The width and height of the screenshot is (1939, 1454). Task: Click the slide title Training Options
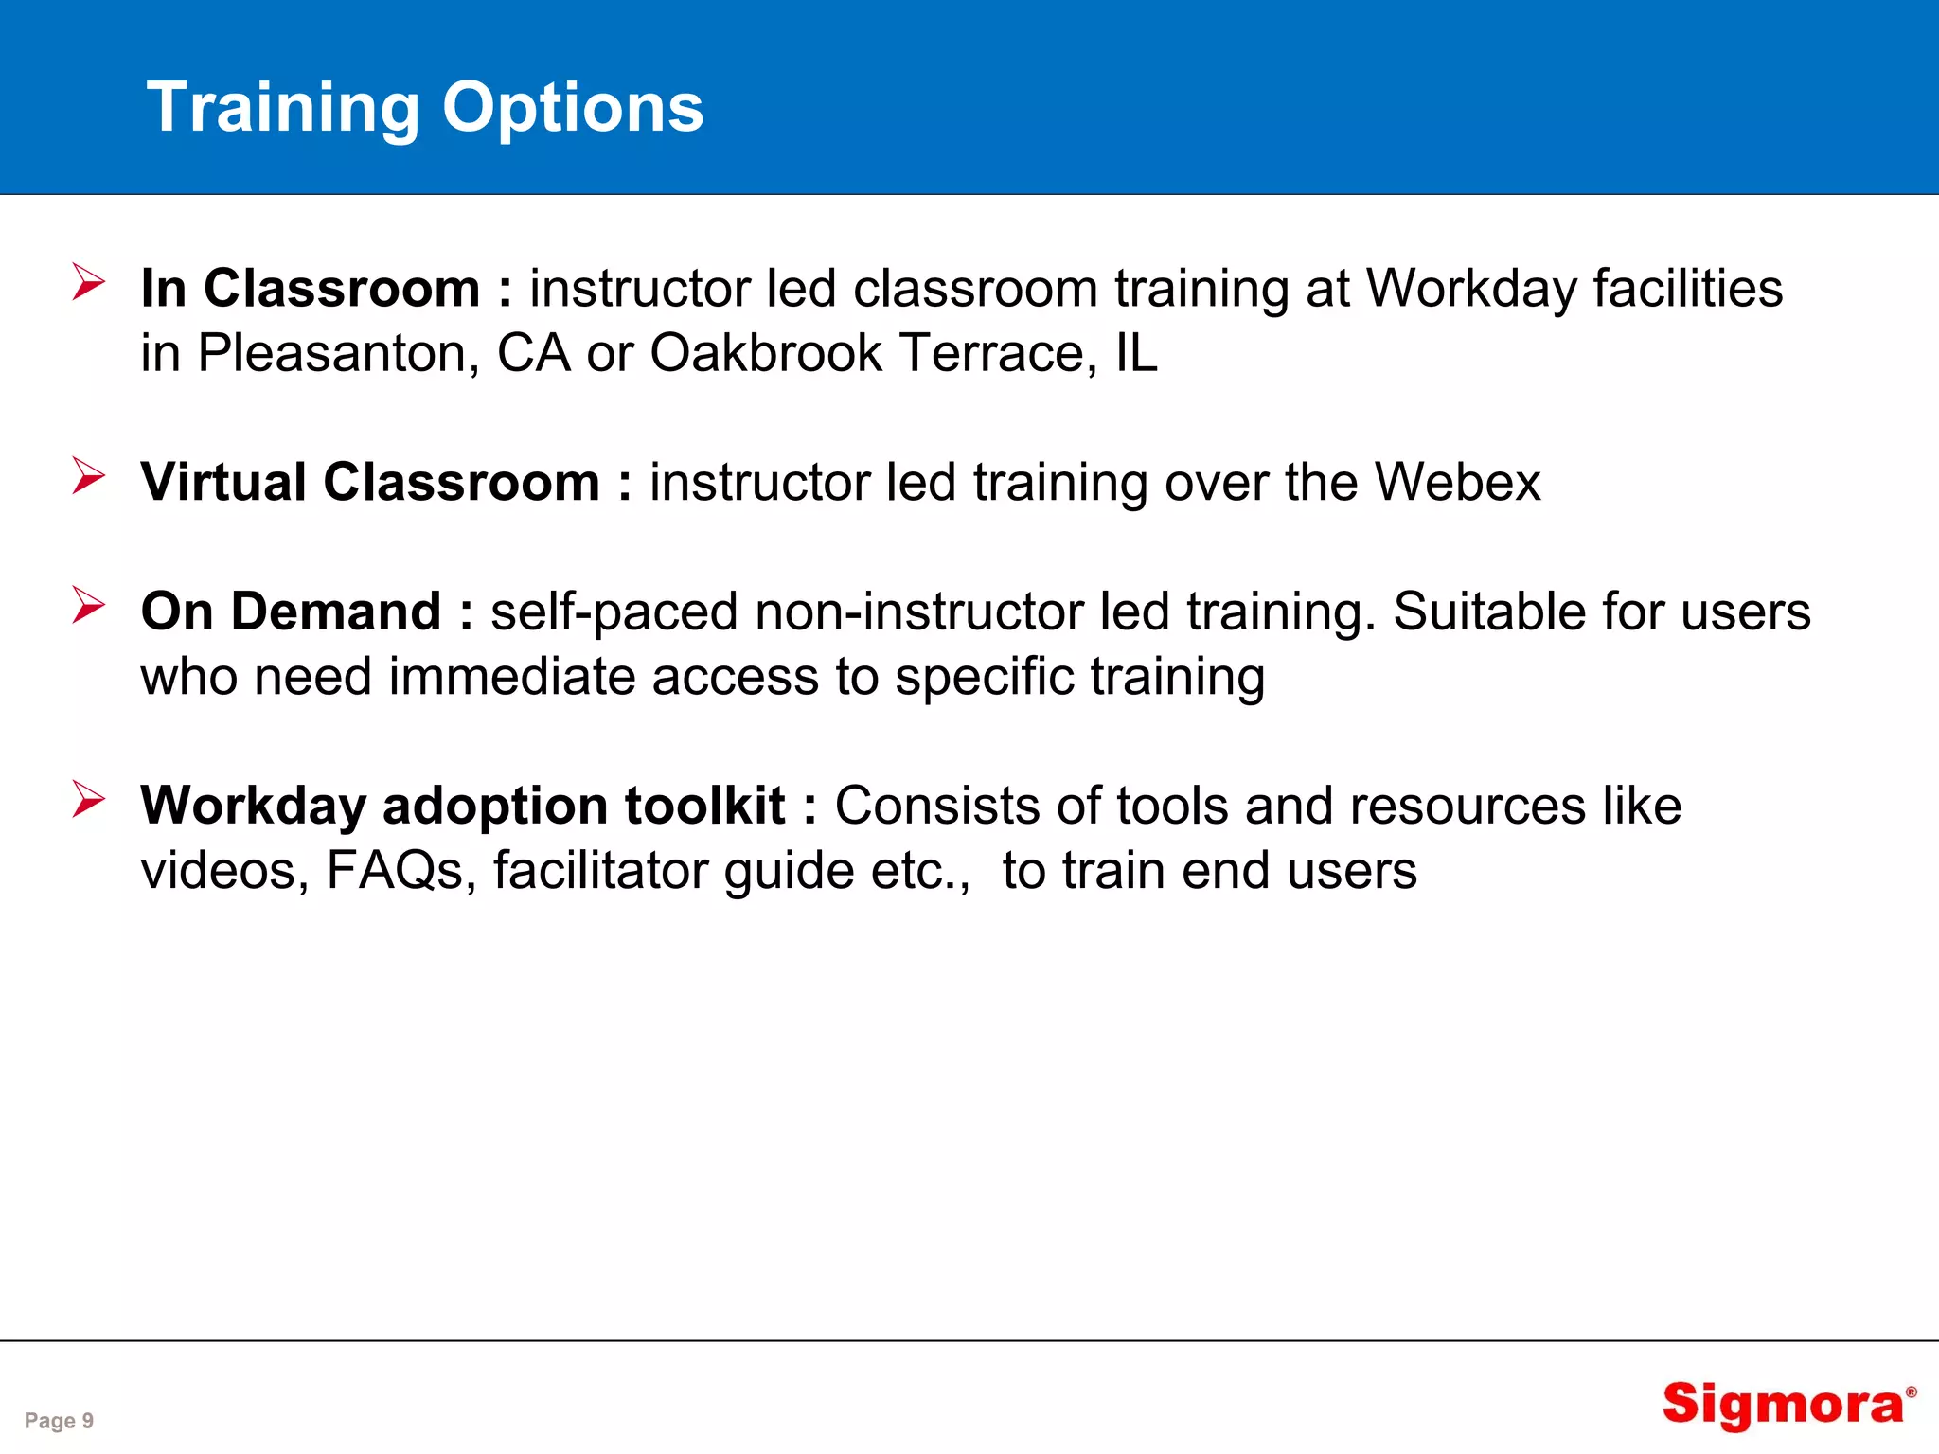(x=425, y=107)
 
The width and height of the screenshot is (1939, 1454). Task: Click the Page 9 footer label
(x=59, y=1421)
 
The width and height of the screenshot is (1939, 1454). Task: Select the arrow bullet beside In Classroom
(x=88, y=283)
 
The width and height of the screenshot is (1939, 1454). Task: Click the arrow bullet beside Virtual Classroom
(x=88, y=476)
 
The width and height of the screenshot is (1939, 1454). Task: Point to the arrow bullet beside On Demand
(x=88, y=606)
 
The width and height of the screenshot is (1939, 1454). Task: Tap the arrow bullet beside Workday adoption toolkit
(x=88, y=800)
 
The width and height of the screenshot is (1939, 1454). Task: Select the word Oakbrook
(x=766, y=354)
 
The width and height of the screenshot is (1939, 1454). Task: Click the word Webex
(x=1457, y=482)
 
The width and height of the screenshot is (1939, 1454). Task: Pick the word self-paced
(x=614, y=612)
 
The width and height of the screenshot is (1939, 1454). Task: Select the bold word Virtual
(x=223, y=482)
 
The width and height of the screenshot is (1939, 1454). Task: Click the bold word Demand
(x=336, y=612)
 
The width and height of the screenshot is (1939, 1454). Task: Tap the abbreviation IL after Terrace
(x=1136, y=354)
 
